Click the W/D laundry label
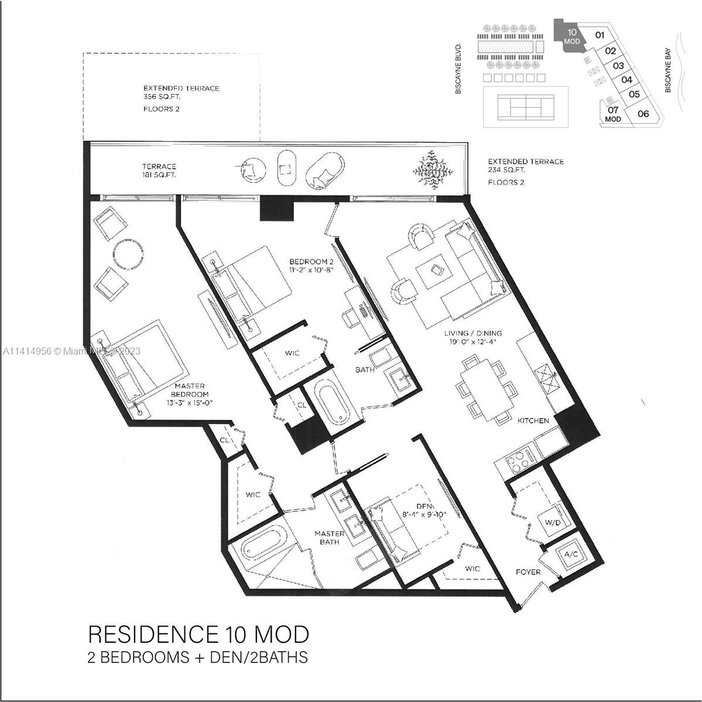click(x=553, y=522)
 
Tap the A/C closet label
click(x=571, y=554)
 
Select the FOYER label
click(x=528, y=572)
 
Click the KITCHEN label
click(x=533, y=421)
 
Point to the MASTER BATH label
click(x=329, y=538)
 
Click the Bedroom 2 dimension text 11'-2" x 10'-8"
click(x=311, y=270)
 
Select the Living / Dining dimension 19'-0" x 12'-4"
click(x=473, y=341)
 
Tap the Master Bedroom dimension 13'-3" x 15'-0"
click(x=190, y=402)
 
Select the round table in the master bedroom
click(x=128, y=254)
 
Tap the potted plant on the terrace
click(x=433, y=170)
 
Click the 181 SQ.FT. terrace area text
click(x=159, y=175)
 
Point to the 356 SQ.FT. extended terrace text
click(x=162, y=97)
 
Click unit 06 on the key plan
click(x=643, y=113)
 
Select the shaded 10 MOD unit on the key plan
click(x=570, y=36)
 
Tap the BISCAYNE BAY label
click(x=667, y=70)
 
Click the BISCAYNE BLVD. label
click(x=458, y=68)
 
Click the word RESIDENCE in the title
click(x=153, y=634)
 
